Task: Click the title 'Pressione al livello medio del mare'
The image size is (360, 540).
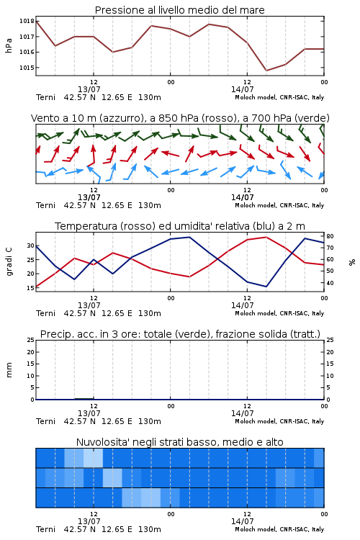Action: pyautogui.click(x=179, y=10)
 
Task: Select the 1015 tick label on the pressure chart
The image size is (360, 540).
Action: pyautogui.click(x=27, y=68)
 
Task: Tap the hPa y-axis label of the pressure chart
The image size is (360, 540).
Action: pyautogui.click(x=9, y=45)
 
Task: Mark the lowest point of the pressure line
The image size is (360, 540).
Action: pyautogui.click(x=266, y=71)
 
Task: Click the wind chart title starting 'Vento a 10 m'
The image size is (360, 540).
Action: pyautogui.click(x=180, y=118)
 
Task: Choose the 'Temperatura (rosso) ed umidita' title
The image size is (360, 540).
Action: pyautogui.click(x=180, y=226)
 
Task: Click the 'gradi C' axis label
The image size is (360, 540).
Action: pyautogui.click(x=9, y=261)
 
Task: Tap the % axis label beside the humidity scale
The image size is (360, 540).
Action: pyautogui.click(x=352, y=262)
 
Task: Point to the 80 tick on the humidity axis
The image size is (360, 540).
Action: pyautogui.click(x=330, y=236)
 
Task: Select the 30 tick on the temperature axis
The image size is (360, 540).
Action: pyautogui.click(x=31, y=246)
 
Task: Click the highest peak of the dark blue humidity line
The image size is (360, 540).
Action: pyautogui.click(x=189, y=237)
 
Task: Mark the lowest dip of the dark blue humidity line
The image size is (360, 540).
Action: pyautogui.click(x=266, y=287)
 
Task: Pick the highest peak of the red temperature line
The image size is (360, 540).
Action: pyautogui.click(x=266, y=237)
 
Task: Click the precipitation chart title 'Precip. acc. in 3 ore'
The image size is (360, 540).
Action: pyautogui.click(x=180, y=334)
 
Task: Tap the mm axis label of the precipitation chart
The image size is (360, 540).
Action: pyautogui.click(x=9, y=370)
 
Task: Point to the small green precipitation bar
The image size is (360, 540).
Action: pyautogui.click(x=84, y=399)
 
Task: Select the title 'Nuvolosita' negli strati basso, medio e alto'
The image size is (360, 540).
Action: pyautogui.click(x=179, y=442)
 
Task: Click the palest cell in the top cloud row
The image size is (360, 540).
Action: pyautogui.click(x=93, y=458)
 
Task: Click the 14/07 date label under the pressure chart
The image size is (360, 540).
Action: pyautogui.click(x=243, y=89)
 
